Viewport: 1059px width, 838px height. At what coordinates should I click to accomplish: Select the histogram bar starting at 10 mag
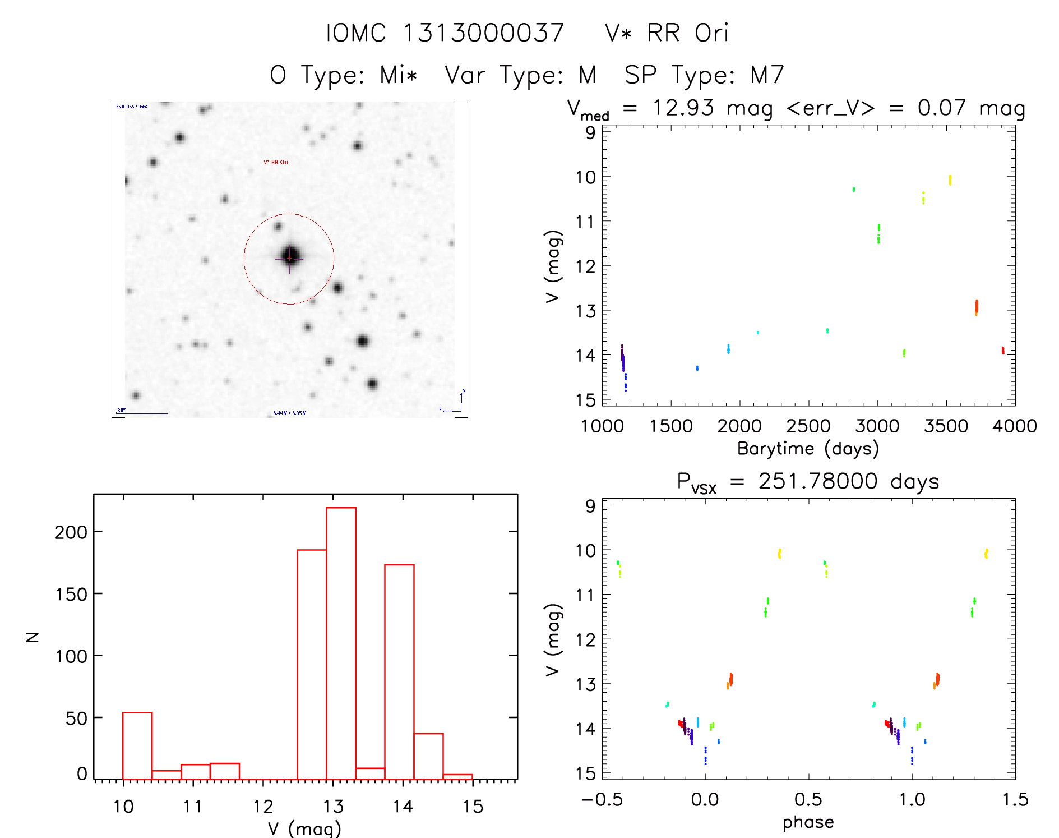pyautogui.click(x=137, y=745)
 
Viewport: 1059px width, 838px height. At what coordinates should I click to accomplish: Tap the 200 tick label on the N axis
pyautogui.click(x=71, y=532)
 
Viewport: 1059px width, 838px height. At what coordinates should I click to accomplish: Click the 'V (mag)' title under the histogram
pyautogui.click(x=304, y=828)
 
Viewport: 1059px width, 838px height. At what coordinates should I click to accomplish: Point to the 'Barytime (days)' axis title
pyautogui.click(x=808, y=449)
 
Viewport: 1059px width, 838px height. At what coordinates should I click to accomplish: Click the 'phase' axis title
pyautogui.click(x=808, y=822)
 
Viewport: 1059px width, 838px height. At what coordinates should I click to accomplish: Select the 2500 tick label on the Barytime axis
pyautogui.click(x=808, y=426)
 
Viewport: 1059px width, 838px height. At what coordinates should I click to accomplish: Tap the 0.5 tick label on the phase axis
pyautogui.click(x=808, y=799)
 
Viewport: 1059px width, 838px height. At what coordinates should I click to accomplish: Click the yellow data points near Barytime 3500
pyautogui.click(x=950, y=180)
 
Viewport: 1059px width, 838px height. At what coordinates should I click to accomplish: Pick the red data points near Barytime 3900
pyautogui.click(x=1002, y=351)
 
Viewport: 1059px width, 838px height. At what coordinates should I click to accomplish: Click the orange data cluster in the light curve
pyautogui.click(x=976, y=307)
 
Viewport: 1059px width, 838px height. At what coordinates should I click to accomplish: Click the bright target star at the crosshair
pyautogui.click(x=290, y=257)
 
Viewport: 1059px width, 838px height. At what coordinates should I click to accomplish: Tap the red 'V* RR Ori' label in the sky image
pyautogui.click(x=276, y=162)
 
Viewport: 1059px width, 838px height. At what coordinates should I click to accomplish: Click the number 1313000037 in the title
pyautogui.click(x=483, y=33)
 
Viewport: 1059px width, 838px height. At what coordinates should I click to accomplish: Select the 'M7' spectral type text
pyautogui.click(x=767, y=75)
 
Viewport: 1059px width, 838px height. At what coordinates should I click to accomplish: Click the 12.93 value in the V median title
pyautogui.click(x=683, y=108)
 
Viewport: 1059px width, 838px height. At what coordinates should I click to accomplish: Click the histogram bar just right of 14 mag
pyautogui.click(x=428, y=756)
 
